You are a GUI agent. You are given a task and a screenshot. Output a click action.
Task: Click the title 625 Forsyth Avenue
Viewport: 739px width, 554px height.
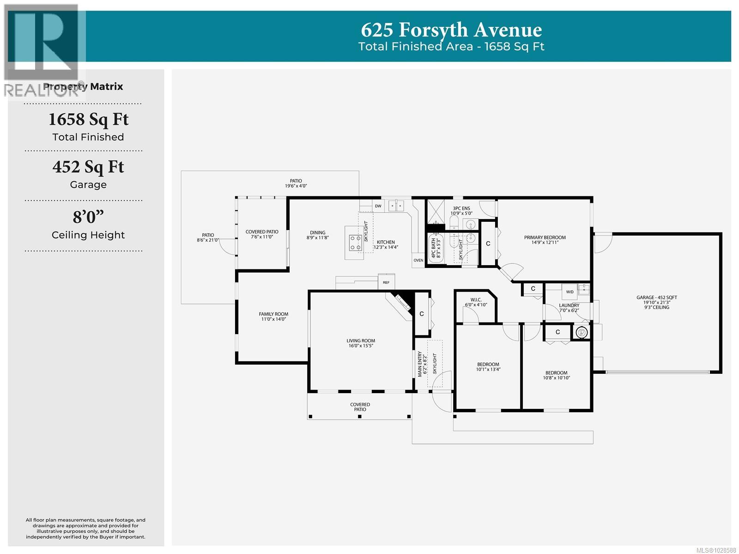(451, 30)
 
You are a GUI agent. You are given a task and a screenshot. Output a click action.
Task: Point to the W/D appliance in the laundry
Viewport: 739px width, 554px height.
(569, 292)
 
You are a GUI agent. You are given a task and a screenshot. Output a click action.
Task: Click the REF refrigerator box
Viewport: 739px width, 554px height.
(386, 282)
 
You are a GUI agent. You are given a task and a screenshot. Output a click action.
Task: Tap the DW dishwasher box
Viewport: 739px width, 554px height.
(378, 206)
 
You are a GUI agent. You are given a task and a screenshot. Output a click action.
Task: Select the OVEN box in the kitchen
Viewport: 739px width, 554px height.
(418, 260)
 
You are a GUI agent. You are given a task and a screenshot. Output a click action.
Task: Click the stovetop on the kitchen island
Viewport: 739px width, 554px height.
(355, 243)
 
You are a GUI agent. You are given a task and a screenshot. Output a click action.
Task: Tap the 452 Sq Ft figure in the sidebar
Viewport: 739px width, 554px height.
(88, 167)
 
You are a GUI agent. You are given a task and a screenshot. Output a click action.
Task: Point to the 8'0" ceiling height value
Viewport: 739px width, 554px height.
(88, 217)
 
